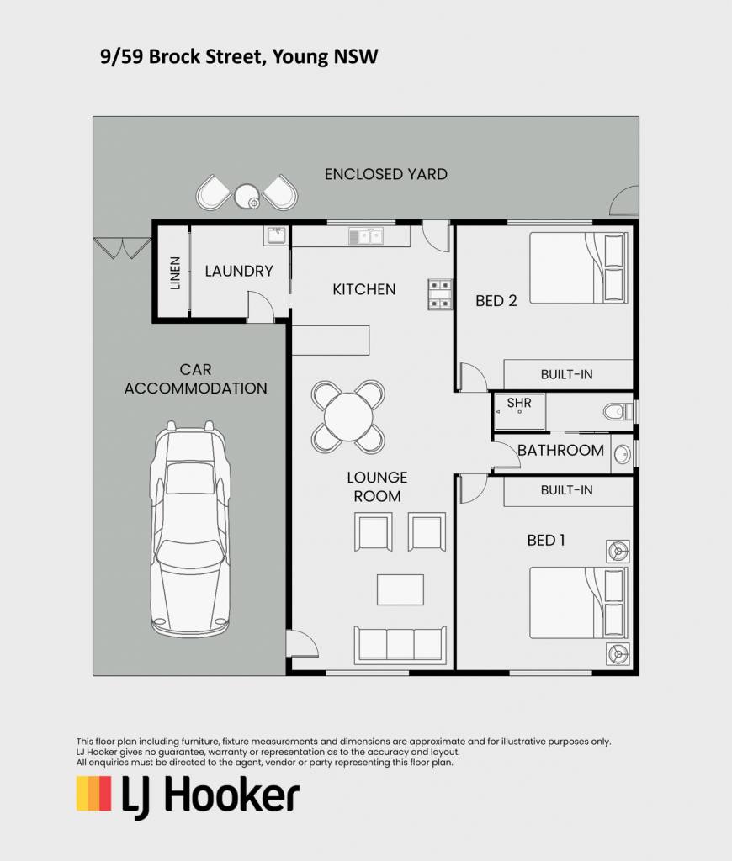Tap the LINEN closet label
click(x=175, y=273)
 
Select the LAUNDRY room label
click(x=239, y=271)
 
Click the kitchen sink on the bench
click(x=366, y=236)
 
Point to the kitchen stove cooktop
click(x=440, y=294)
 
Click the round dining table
click(x=348, y=417)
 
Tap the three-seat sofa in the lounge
click(x=400, y=644)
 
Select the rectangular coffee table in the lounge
click(x=400, y=589)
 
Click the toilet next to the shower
click(x=618, y=411)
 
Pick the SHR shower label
click(x=519, y=403)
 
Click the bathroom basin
click(x=623, y=454)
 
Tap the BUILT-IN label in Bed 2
click(x=566, y=374)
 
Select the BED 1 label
click(x=546, y=541)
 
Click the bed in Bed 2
click(x=579, y=267)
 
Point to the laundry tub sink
click(x=276, y=235)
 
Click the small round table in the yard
click(x=247, y=196)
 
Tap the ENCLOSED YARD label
click(x=386, y=174)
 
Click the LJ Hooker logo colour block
click(x=94, y=793)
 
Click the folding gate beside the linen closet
click(x=122, y=247)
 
